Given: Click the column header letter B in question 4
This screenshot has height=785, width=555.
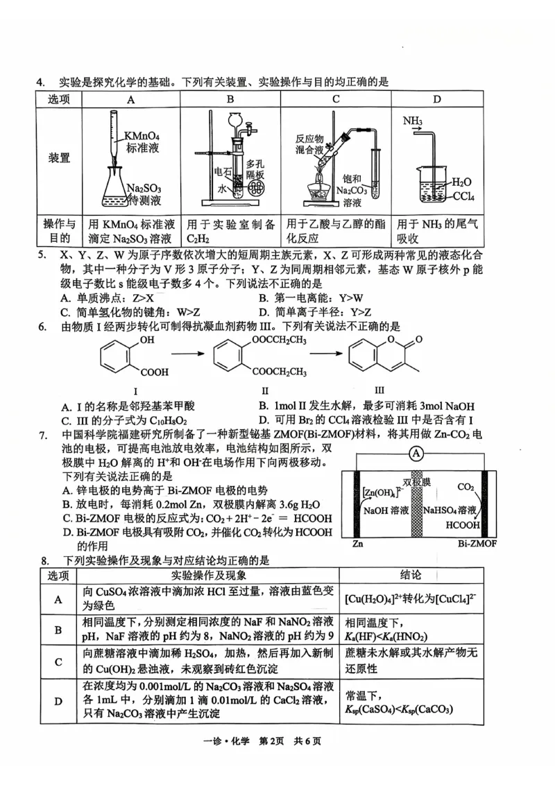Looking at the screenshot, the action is pos(232,99).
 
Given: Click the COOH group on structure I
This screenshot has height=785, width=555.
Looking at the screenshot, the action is pos(155,372).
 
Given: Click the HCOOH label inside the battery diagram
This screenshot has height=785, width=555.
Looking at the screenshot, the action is pos(455,526).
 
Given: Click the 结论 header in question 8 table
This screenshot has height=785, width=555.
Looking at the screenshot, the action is pos(415,575).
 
